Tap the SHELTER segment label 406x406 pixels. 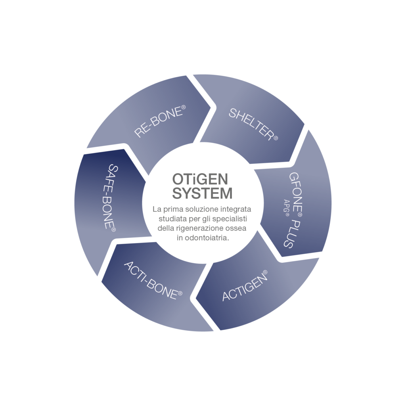253,124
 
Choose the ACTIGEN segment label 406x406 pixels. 245,285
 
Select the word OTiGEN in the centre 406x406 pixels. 200,179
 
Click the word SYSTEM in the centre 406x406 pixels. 202,193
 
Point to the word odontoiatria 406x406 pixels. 203,238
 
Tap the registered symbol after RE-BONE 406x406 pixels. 183,107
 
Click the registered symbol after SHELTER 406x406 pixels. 276,138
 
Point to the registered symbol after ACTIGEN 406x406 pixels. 265,272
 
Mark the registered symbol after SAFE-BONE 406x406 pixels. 113,230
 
